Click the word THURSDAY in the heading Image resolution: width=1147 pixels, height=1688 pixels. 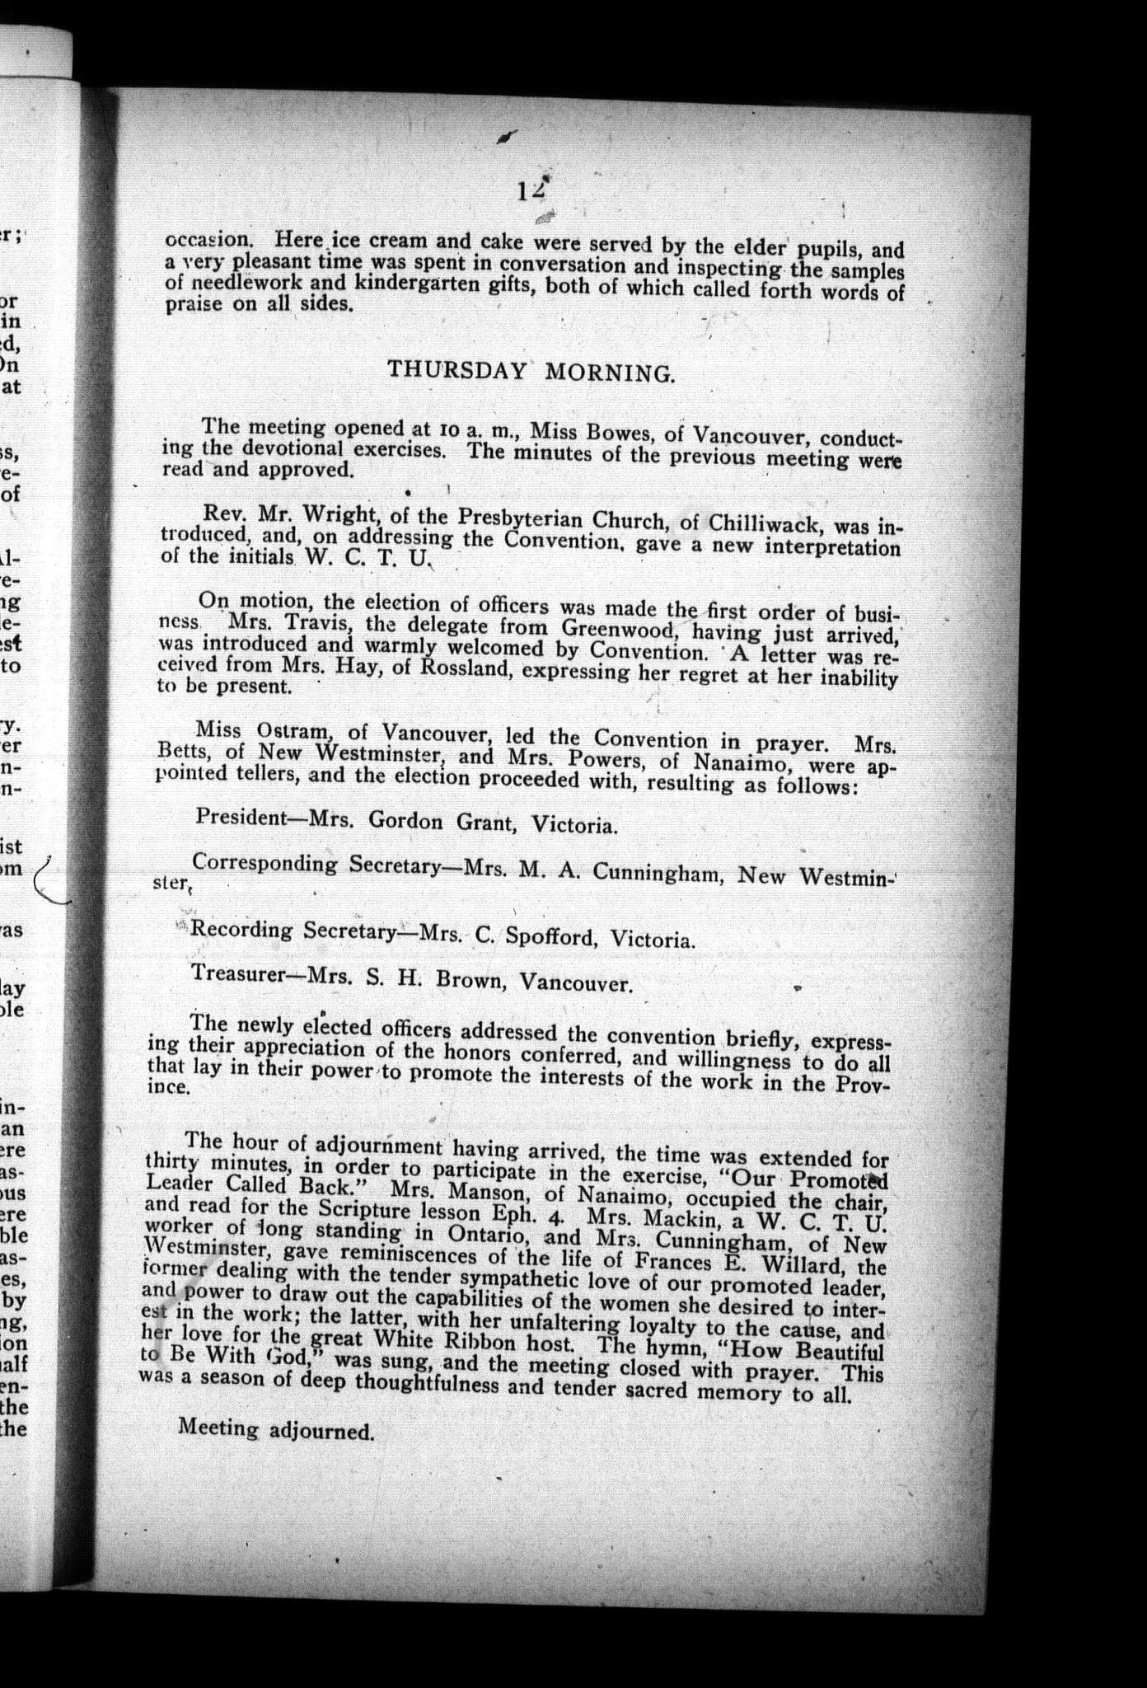tap(456, 369)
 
